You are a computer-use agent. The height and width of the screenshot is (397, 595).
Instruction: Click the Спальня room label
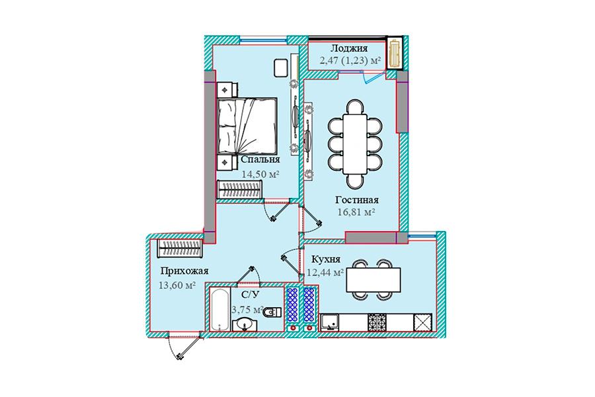point(260,159)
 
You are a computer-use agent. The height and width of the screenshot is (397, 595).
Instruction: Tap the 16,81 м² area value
point(356,212)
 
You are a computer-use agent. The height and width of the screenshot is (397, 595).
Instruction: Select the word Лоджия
point(348,48)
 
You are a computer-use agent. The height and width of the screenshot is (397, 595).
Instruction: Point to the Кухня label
point(325,259)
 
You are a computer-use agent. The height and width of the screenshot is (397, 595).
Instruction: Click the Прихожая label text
point(184,271)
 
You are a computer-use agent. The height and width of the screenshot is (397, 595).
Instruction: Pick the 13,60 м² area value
point(177,285)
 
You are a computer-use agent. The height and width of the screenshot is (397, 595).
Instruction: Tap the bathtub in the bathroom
point(219,310)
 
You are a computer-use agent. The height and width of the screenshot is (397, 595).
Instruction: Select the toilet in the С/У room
point(272,312)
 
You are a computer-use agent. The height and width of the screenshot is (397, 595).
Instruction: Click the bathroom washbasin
point(245,325)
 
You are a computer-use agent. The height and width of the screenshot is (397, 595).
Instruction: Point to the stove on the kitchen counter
point(376,322)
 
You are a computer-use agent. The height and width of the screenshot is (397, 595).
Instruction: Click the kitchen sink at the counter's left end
point(331,322)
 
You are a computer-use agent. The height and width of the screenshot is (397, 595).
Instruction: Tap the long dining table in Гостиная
point(355,144)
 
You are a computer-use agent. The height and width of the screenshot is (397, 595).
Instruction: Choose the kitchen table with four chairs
point(374,280)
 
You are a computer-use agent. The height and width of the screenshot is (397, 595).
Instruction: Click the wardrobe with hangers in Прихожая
point(180,249)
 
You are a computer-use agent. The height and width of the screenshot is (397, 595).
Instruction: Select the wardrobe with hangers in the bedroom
point(239,189)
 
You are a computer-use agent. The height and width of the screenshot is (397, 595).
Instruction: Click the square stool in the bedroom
point(281,68)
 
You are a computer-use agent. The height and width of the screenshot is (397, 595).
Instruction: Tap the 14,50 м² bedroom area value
point(260,174)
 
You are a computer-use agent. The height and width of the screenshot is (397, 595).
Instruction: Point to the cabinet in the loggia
point(395,53)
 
